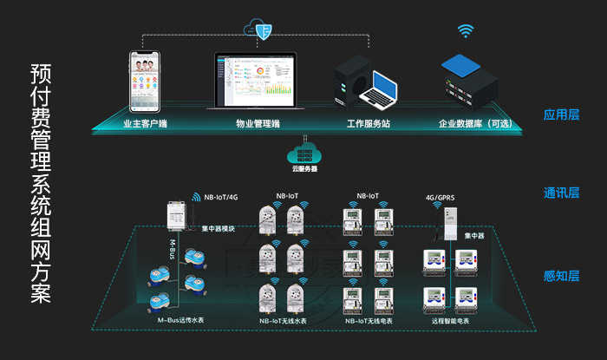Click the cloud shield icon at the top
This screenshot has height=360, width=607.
pos(259,29)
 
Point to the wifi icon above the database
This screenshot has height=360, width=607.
pos(467,31)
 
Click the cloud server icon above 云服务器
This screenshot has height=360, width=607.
pos(303,153)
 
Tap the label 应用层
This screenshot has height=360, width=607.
pos(561,115)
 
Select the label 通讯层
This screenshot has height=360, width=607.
pos(561,193)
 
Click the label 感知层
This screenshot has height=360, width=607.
pos(561,277)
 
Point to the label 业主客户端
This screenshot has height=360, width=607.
pos(145,124)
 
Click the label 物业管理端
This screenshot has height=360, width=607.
pos(258,124)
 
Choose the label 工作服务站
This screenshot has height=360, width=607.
pos(369,124)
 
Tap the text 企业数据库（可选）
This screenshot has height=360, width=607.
pos(476,124)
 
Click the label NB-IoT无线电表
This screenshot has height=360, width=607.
pos(369,321)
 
